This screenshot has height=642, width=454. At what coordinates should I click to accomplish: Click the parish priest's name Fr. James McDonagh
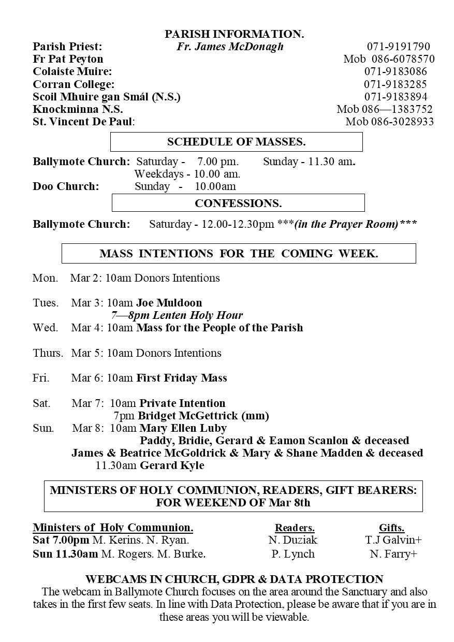[230, 47]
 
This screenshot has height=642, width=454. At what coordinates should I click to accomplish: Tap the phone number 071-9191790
[398, 47]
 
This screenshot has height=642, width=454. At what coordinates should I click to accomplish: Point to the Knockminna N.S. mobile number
[385, 109]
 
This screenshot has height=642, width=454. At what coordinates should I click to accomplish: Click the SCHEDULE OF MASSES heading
[237, 141]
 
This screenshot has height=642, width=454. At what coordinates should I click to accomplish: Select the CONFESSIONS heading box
[238, 203]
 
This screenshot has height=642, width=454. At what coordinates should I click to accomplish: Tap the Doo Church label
[66, 186]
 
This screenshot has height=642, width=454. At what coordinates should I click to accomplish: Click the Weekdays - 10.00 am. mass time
[187, 174]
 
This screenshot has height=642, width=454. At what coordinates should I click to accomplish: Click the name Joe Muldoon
[169, 303]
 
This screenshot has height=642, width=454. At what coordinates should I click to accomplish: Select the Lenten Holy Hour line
[177, 315]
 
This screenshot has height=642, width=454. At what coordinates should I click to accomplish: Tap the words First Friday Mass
[182, 378]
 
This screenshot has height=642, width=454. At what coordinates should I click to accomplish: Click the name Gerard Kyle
[172, 465]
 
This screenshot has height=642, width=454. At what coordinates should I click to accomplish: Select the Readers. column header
[295, 528]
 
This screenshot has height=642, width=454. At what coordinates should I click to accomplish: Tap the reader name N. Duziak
[293, 540]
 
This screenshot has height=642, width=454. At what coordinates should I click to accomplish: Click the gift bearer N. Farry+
[394, 554]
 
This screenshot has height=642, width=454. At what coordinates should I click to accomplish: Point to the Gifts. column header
[392, 528]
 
